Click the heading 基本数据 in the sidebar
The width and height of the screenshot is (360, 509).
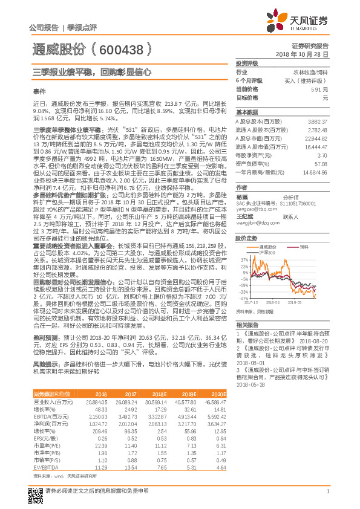[246, 112]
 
